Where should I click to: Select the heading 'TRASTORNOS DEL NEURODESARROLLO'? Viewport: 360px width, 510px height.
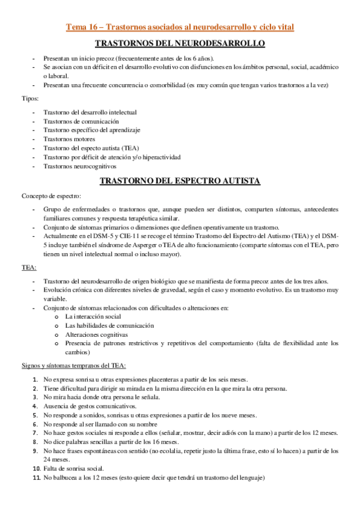tap(180, 44)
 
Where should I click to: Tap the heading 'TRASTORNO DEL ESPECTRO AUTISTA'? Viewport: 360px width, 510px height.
tap(180, 180)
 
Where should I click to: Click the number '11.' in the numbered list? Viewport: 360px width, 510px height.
tap(35, 478)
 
